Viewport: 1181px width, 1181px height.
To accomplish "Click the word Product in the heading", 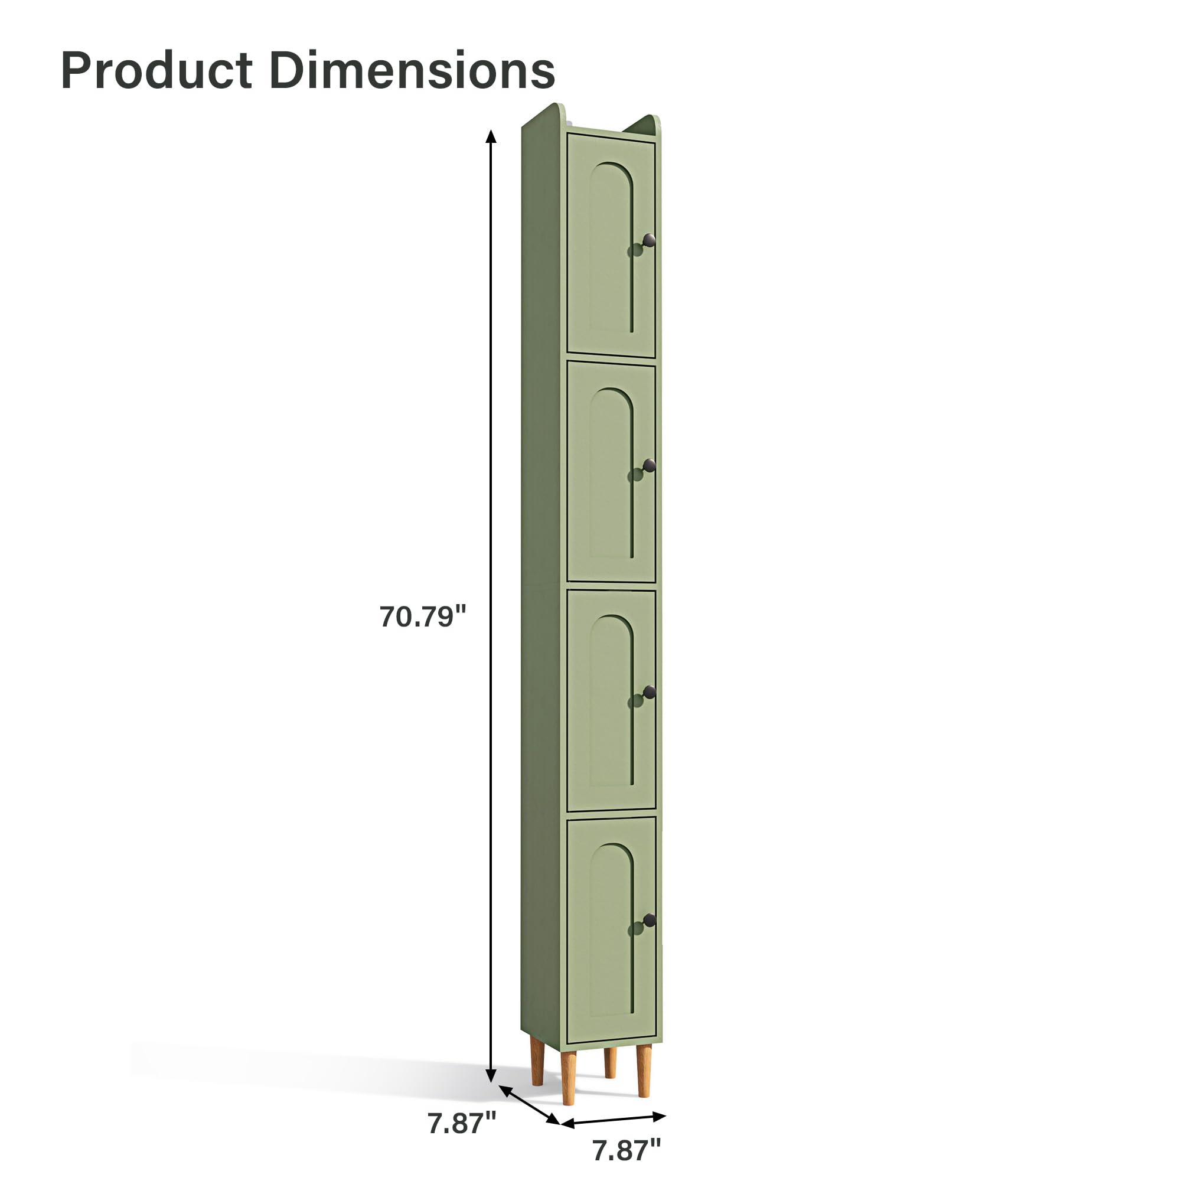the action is [x=156, y=70].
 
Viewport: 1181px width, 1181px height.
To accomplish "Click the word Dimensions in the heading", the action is [x=412, y=70].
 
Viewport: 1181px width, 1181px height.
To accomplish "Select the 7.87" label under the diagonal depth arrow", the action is [x=462, y=1123].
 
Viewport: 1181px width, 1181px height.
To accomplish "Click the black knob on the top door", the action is [x=648, y=240].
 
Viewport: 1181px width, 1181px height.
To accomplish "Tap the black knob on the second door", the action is [x=648, y=466].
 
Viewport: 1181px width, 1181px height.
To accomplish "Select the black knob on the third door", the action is [x=648, y=693].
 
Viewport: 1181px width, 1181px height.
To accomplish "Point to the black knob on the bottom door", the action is [x=648, y=921].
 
